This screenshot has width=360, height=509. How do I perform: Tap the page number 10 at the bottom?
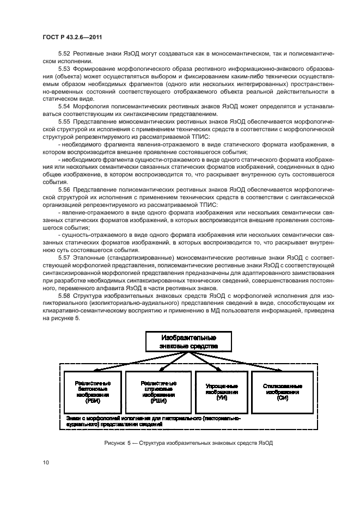point(45,463)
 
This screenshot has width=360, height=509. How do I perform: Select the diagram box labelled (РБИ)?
point(91,390)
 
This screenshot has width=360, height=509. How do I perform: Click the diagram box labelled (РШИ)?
point(156,390)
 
